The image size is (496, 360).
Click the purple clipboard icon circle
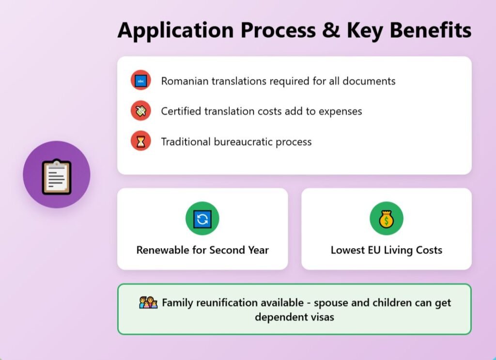point(57,174)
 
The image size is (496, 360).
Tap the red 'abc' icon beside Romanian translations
point(141,80)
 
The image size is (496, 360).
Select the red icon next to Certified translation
point(141,111)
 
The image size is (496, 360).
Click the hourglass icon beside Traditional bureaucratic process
point(141,141)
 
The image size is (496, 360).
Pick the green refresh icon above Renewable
point(202,219)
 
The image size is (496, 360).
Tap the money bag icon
point(387,219)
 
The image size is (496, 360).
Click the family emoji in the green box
point(148,303)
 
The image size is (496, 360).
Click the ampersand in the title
point(331,31)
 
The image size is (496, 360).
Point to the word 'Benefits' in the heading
point(431,30)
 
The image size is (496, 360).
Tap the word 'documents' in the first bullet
point(369,81)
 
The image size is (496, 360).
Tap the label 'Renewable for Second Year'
point(202,250)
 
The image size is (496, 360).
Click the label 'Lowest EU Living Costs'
point(387,250)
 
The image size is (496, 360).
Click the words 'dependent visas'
point(294,317)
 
